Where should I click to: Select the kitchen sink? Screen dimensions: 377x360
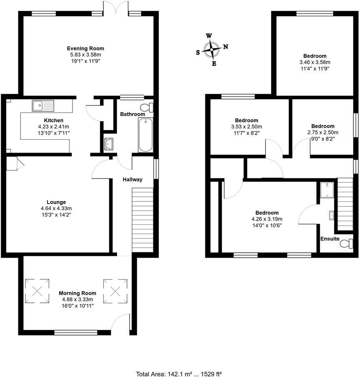pyautogui.click(x=43, y=106)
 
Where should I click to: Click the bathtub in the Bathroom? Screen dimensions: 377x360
pyautogui.click(x=145, y=135)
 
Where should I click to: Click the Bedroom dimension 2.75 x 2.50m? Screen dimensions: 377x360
pyautogui.click(x=322, y=133)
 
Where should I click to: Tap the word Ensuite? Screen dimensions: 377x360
pyautogui.click(x=330, y=239)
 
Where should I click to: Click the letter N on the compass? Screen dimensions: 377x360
pyautogui.click(x=225, y=47)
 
